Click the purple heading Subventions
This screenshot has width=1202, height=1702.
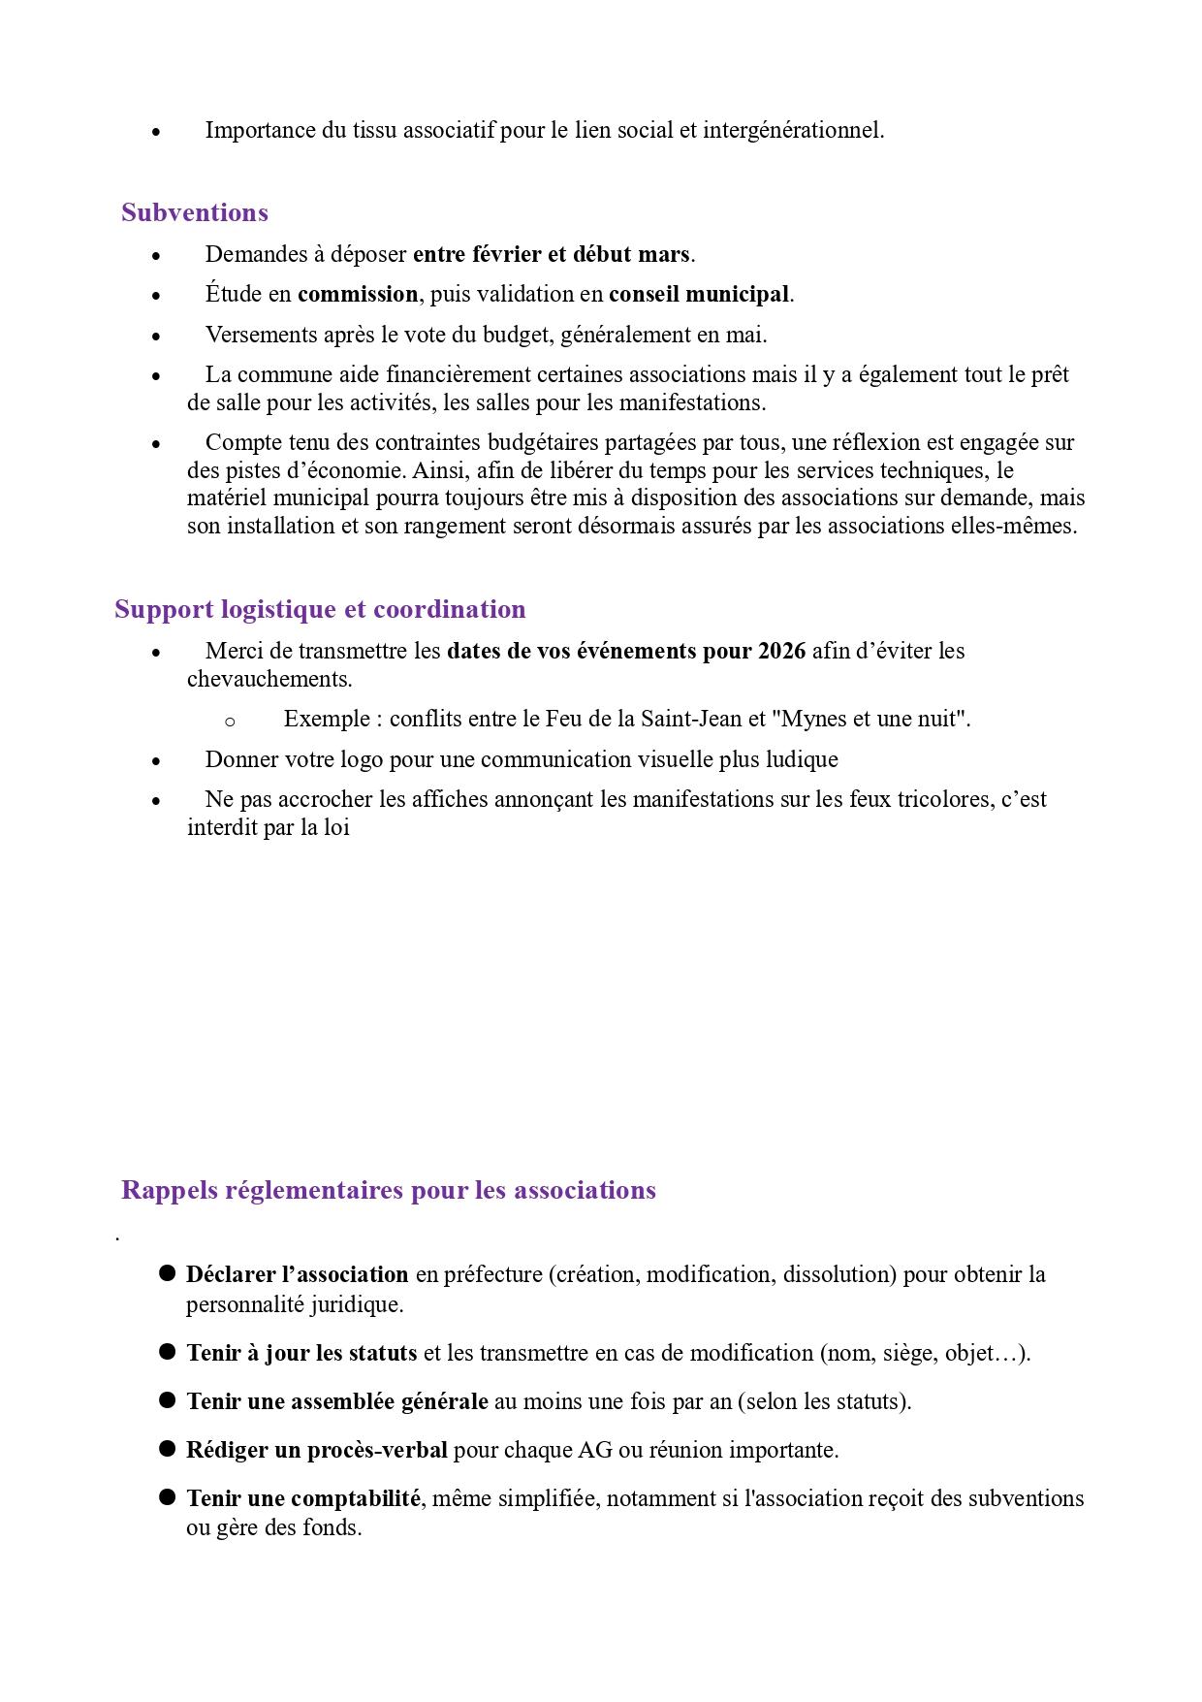[195, 212]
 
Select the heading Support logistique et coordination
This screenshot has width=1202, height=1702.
[320, 609]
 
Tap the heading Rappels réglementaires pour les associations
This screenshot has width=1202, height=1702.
[388, 1190]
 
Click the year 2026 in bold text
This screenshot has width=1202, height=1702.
[781, 651]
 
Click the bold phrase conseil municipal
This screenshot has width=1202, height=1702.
[699, 294]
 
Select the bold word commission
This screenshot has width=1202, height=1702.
[358, 294]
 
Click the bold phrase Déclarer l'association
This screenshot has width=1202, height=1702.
[298, 1274]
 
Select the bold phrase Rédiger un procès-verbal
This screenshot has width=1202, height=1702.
[317, 1450]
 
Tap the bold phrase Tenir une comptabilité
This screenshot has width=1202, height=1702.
[303, 1498]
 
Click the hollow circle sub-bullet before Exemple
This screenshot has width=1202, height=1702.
[230, 721]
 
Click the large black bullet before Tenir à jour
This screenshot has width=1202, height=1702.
[167, 1351]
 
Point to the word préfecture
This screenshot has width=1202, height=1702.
[492, 1274]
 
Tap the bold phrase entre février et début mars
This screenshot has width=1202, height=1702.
[552, 254]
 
